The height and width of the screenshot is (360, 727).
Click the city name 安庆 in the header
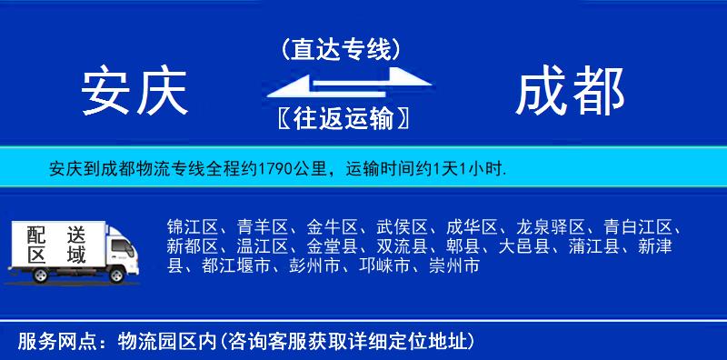coord(134,93)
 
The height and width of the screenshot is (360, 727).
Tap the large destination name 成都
coord(571,93)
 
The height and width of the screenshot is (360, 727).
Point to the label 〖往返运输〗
coord(340,118)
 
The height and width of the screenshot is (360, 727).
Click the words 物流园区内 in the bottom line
coord(163,342)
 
